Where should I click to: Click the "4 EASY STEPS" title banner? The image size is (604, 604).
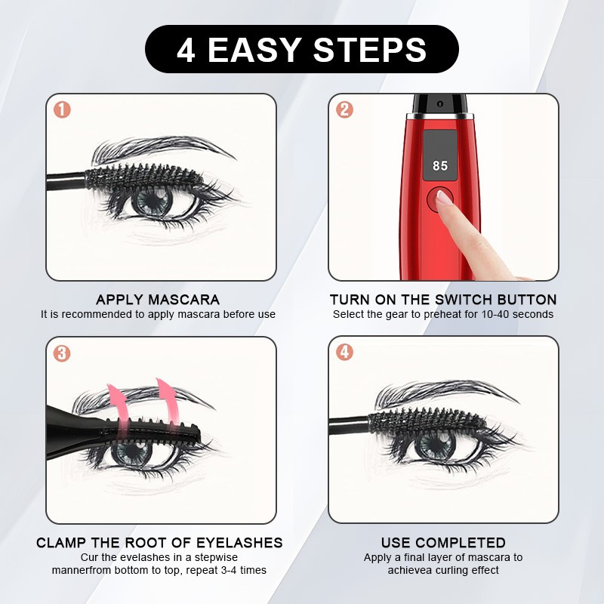point(302,49)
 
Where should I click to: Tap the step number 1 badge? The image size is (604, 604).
point(63,109)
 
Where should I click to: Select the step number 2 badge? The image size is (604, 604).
point(344,109)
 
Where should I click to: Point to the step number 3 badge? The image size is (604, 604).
point(63,353)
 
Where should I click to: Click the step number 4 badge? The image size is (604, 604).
point(344,353)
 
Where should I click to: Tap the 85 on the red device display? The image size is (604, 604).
point(440,165)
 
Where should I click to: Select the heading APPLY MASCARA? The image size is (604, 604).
point(158,300)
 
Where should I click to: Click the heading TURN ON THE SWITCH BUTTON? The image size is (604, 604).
point(443,300)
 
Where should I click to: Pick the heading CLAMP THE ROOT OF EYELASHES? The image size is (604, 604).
point(159,543)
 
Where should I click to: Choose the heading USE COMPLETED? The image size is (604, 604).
point(443,543)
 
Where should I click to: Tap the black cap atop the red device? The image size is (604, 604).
point(438,103)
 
